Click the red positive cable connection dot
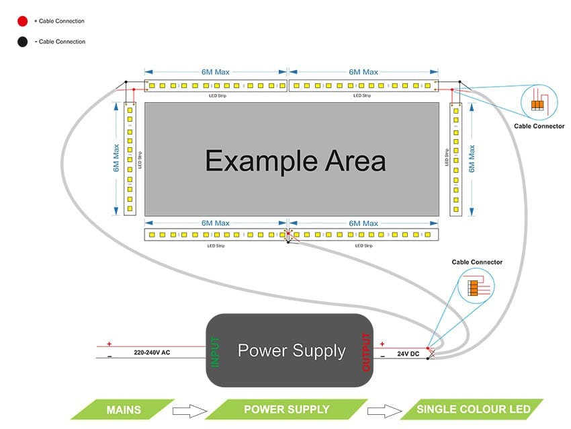[x=22, y=22]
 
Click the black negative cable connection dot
[x=22, y=42]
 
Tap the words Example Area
[x=296, y=161]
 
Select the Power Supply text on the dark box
[x=292, y=350]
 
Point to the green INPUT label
[x=216, y=350]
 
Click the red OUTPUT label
[x=367, y=351]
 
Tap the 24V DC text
[x=408, y=353]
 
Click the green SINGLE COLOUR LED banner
[x=474, y=409]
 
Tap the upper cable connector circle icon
[x=539, y=102]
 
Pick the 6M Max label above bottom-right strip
[x=363, y=223]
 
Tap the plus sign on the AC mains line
[x=109, y=343]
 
